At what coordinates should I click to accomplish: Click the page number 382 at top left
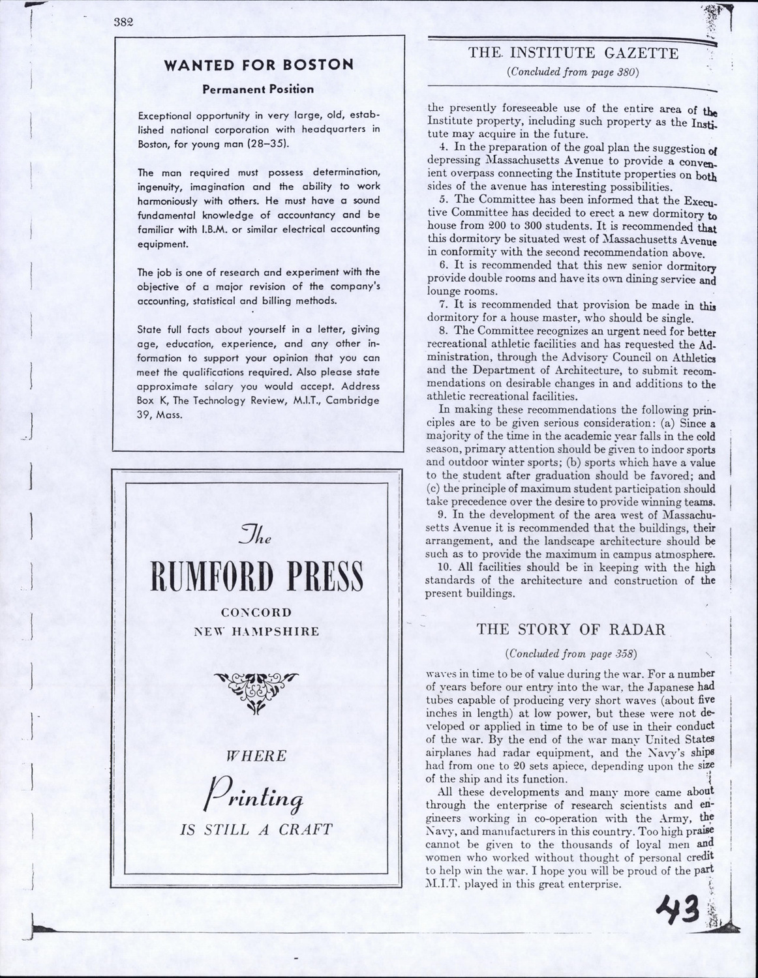pos(123,21)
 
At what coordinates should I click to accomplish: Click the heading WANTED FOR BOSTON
pos(258,65)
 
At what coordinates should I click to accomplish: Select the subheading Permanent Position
pos(258,89)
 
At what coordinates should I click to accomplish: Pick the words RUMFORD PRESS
pos(257,577)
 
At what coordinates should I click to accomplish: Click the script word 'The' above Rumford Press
pos(256,535)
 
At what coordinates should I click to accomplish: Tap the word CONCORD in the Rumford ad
pos(256,613)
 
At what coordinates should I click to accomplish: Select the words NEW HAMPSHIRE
pos(257,631)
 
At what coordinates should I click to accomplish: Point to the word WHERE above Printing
pos(256,756)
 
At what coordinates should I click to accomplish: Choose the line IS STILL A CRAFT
pos(256,830)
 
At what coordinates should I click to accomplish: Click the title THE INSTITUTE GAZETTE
pos(572,53)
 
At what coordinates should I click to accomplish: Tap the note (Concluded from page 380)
pos(572,72)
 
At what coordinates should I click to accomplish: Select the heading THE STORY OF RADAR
pos(571,629)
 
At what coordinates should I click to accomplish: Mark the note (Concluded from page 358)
pos(571,653)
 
